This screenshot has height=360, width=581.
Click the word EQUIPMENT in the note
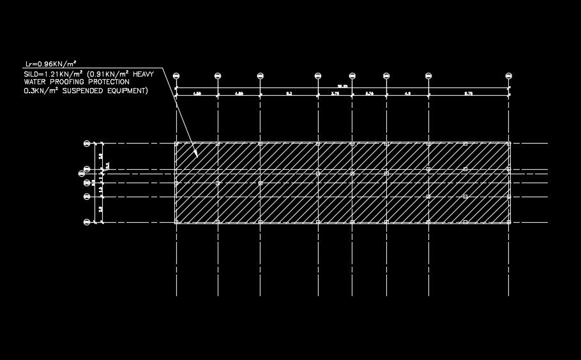click(128, 91)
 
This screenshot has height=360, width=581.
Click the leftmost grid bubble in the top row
click(176, 76)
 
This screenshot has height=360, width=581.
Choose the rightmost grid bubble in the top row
click(509, 76)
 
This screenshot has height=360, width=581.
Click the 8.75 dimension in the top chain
click(469, 94)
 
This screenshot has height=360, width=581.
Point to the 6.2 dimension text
click(289, 94)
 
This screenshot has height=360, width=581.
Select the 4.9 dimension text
click(407, 94)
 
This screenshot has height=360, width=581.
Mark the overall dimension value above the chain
click(343, 86)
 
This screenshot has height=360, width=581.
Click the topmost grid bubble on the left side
click(87, 144)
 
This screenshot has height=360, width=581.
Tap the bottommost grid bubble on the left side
click(87, 222)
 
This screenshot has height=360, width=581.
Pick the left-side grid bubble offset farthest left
click(81, 172)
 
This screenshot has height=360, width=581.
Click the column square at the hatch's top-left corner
click(177, 144)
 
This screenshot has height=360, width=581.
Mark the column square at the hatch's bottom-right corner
click(508, 221)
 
